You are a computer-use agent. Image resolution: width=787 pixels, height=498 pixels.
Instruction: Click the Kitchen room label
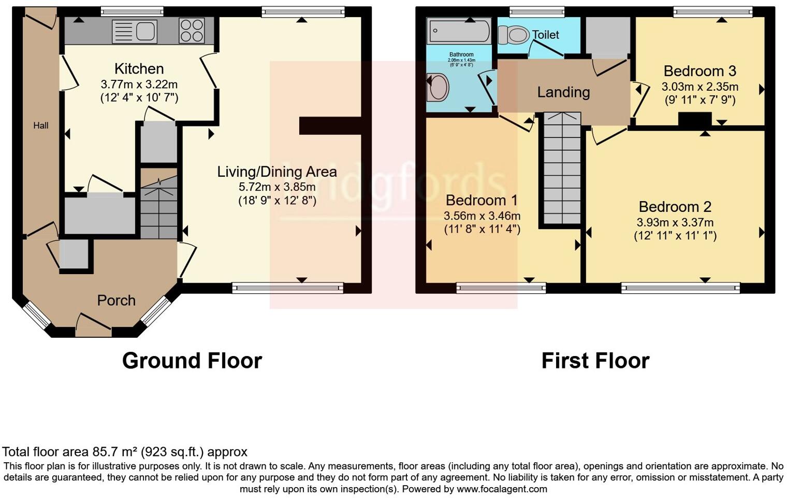click(x=139, y=68)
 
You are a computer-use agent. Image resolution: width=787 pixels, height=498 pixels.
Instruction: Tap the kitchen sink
click(x=135, y=31)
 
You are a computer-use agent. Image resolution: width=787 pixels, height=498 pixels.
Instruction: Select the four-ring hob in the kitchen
click(x=192, y=31)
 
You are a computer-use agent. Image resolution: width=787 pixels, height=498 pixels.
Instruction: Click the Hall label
click(x=41, y=125)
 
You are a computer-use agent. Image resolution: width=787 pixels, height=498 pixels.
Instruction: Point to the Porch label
click(x=116, y=301)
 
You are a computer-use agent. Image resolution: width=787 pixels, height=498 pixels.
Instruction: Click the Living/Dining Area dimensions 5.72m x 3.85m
click(x=276, y=187)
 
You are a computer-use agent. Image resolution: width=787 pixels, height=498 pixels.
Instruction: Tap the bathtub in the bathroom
click(x=459, y=31)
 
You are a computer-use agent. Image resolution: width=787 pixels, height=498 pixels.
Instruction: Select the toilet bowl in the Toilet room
click(x=513, y=35)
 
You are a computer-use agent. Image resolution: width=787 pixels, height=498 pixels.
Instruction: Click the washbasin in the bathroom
click(x=438, y=87)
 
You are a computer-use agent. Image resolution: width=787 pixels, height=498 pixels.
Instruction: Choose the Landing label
click(x=563, y=92)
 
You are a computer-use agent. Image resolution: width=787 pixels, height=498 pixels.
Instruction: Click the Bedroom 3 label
click(x=699, y=71)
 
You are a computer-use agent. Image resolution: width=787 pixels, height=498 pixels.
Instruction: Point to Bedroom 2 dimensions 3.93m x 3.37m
click(x=675, y=222)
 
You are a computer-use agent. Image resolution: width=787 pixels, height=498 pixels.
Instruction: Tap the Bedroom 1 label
click(x=482, y=200)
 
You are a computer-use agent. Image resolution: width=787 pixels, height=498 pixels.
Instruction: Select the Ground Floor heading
click(x=192, y=361)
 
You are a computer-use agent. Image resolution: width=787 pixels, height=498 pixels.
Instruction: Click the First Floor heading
click(x=595, y=361)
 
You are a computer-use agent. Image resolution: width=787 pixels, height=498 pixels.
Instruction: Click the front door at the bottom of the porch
click(x=94, y=326)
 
